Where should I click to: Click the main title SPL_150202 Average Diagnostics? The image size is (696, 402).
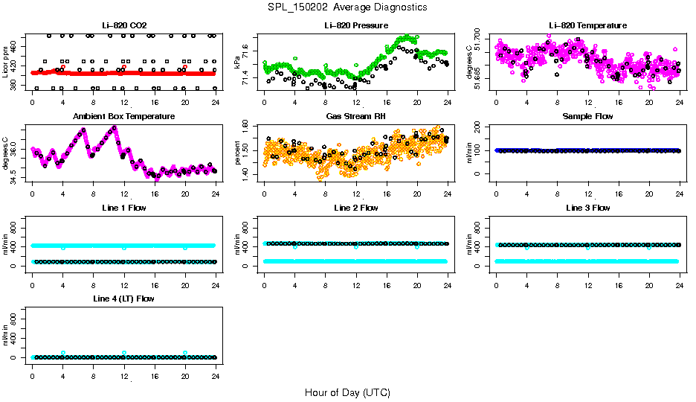(348, 7)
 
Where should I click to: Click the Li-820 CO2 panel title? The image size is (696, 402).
(123, 25)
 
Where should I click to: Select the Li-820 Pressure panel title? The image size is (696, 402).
(356, 25)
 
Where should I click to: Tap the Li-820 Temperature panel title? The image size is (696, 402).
(587, 25)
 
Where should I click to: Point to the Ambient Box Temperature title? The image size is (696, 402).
(123, 117)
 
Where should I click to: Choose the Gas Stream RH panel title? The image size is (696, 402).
(356, 117)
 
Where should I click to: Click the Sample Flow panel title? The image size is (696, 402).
(587, 117)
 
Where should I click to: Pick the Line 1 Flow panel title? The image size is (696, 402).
(123, 208)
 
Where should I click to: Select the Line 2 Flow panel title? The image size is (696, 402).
(356, 208)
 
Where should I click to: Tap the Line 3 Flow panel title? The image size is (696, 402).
(587, 208)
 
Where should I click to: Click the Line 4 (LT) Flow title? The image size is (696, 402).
(123, 299)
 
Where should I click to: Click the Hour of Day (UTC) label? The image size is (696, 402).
(347, 392)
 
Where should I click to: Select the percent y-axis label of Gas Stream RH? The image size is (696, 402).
(238, 152)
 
